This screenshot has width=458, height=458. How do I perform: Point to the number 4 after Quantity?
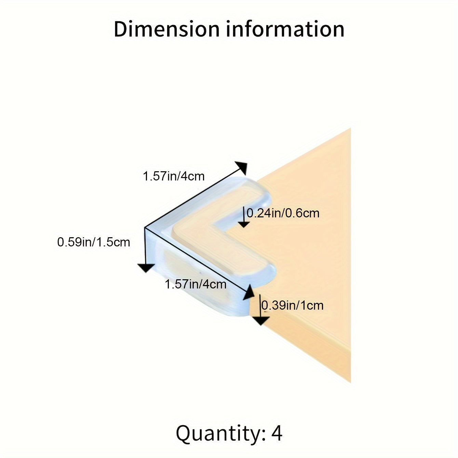point(277,433)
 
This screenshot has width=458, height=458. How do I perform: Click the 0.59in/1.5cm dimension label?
point(94,242)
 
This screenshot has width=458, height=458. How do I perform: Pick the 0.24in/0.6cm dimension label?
point(283,213)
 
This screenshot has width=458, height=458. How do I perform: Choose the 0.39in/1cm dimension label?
point(292,305)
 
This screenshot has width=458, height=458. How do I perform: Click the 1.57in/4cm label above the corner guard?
point(174,176)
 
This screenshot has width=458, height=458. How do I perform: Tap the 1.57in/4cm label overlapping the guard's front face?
point(196,284)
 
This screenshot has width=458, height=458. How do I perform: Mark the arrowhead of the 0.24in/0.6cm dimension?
point(244,224)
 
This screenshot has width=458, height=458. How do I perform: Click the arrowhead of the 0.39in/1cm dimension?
point(260,321)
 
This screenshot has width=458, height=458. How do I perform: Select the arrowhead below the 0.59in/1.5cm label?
point(146,268)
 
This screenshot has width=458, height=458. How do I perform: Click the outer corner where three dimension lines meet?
point(146,228)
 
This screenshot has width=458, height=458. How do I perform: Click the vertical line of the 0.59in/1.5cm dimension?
point(146,246)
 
